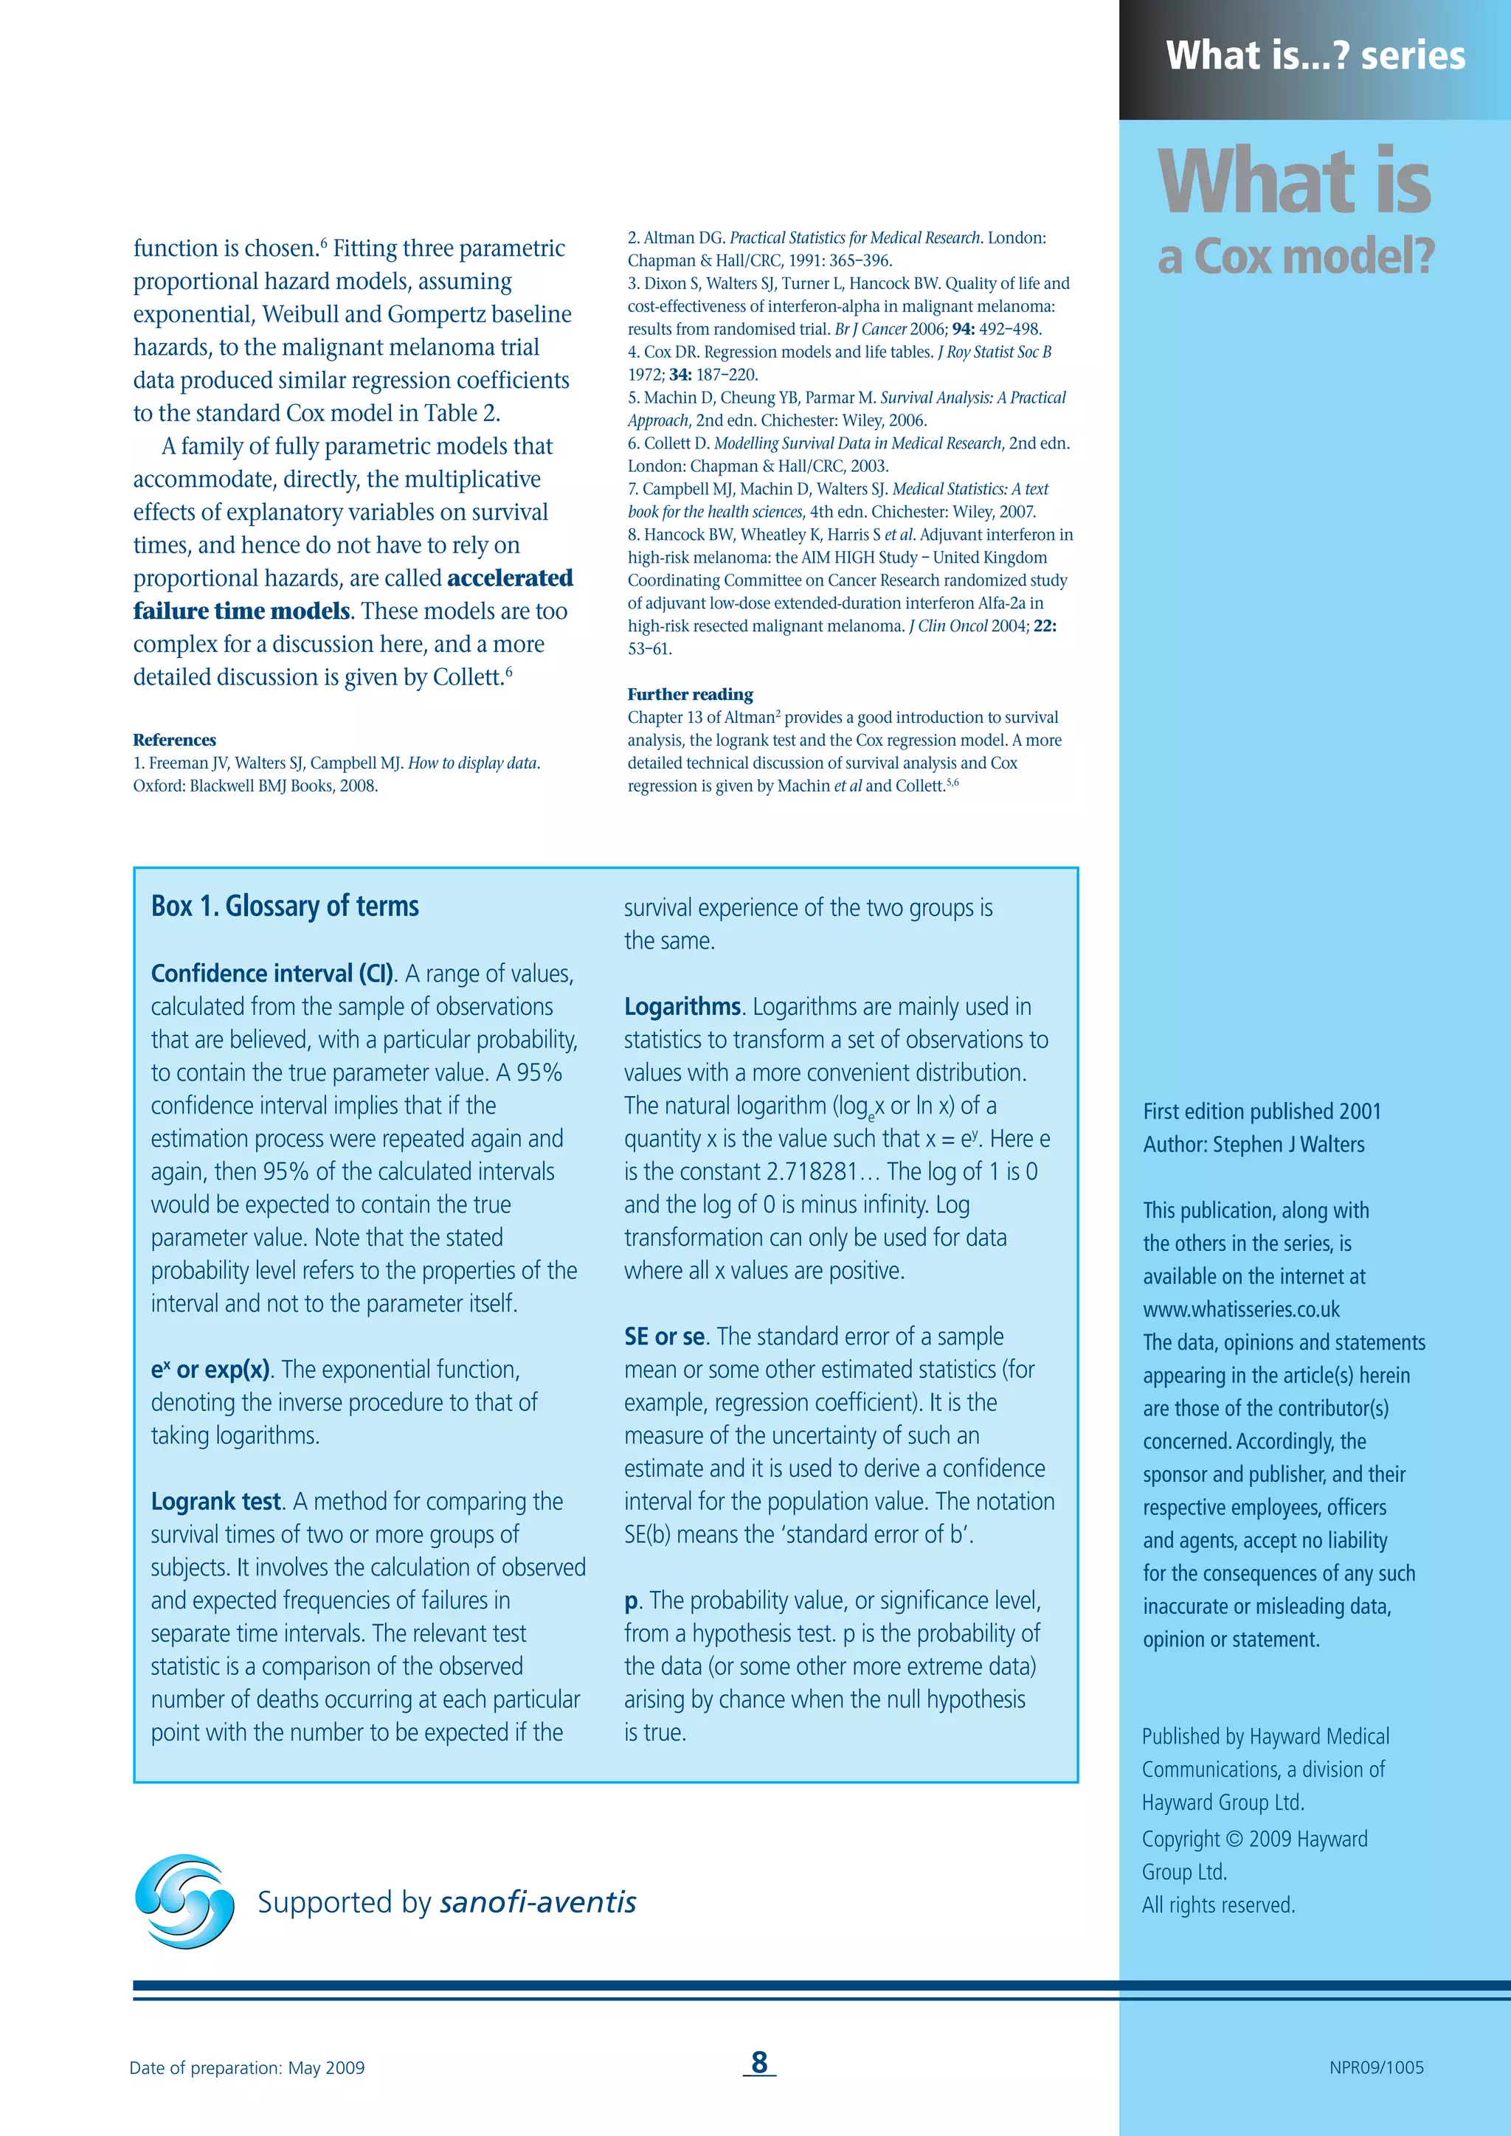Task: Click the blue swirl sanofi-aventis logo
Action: coord(184,1901)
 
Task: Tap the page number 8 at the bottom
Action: coord(759,2062)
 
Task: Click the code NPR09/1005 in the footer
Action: coord(1376,2067)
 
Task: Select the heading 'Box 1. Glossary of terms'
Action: coord(285,906)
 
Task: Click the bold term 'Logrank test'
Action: coord(216,1502)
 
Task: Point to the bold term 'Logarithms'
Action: coord(682,1007)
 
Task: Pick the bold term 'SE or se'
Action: coord(664,1337)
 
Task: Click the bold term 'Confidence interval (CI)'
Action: coord(272,974)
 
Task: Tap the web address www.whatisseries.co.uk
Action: coord(1241,1310)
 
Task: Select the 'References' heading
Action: coord(174,740)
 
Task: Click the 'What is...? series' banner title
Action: coord(1315,56)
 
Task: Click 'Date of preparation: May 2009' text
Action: coord(246,2067)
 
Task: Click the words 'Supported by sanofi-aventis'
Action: coord(446,1902)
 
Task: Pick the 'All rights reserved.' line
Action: coord(1218,1904)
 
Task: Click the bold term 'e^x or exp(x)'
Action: coord(210,1370)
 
